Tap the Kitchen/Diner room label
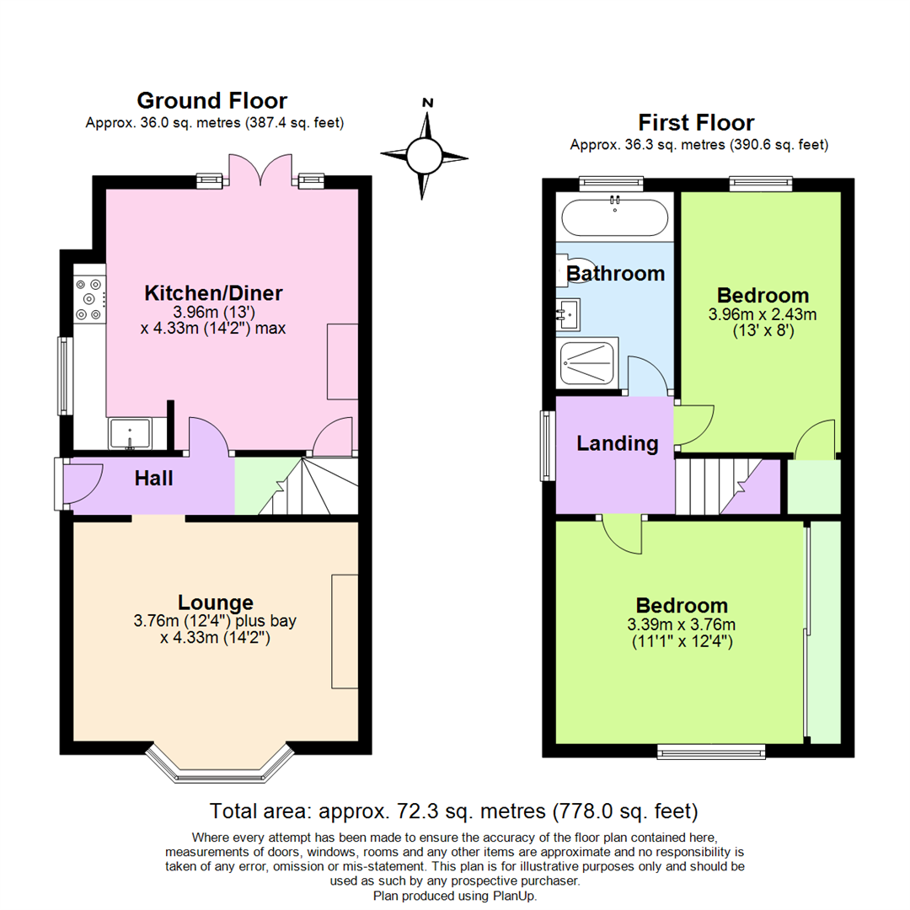[213, 293]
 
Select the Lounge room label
[216, 603]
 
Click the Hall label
[154, 479]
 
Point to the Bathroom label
[615, 273]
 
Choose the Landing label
[618, 443]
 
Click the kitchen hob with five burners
[89, 299]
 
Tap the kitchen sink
[130, 434]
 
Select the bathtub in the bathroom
[614, 217]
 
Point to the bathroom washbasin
[568, 314]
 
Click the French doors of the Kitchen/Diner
[260, 169]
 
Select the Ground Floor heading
[211, 100]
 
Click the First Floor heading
[696, 122]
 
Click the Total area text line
[453, 811]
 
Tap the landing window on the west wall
[548, 446]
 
